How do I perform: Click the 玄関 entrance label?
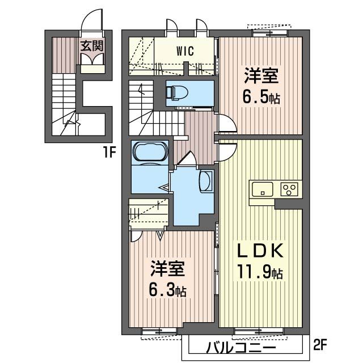coord(91,46)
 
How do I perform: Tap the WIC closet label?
coord(185,50)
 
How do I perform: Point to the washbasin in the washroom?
coord(206,181)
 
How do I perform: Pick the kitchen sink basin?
coord(262,189)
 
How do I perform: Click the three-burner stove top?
coord(289,189)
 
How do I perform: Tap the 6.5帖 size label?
coord(261,98)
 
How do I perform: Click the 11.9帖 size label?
coord(260,272)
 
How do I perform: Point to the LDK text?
coord(260,251)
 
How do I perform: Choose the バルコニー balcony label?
coord(241,348)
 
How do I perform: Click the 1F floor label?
coord(109,152)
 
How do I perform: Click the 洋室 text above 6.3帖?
coord(168,268)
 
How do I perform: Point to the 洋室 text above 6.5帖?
coord(261,75)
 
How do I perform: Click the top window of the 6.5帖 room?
coord(270,33)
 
